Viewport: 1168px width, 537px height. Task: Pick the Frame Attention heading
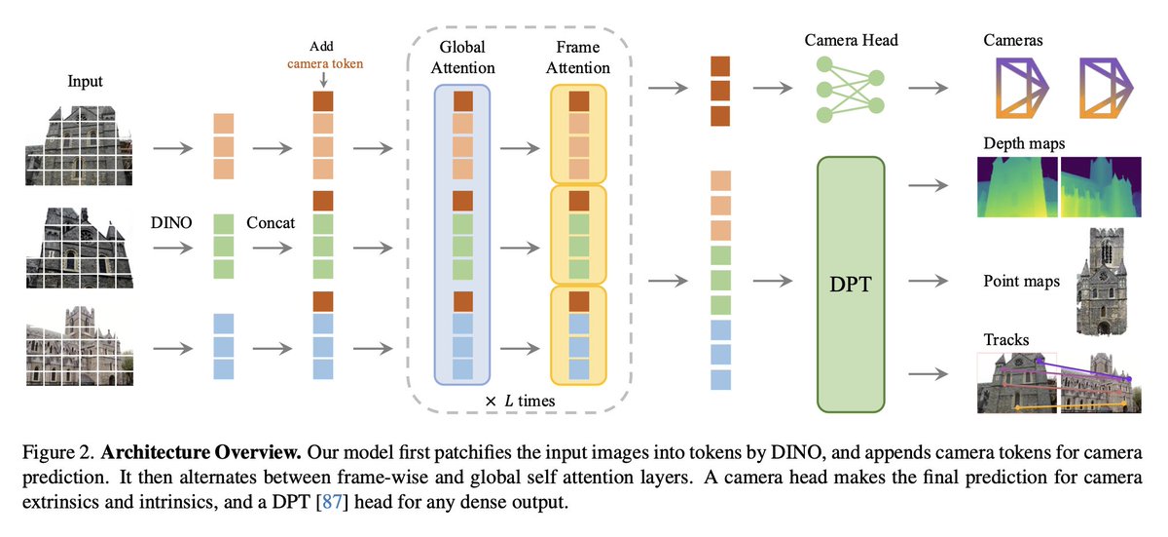coord(578,57)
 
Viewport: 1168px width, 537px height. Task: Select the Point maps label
coord(1022,282)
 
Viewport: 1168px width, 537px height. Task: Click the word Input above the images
coord(85,82)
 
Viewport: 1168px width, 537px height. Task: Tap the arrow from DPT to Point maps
coord(930,281)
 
